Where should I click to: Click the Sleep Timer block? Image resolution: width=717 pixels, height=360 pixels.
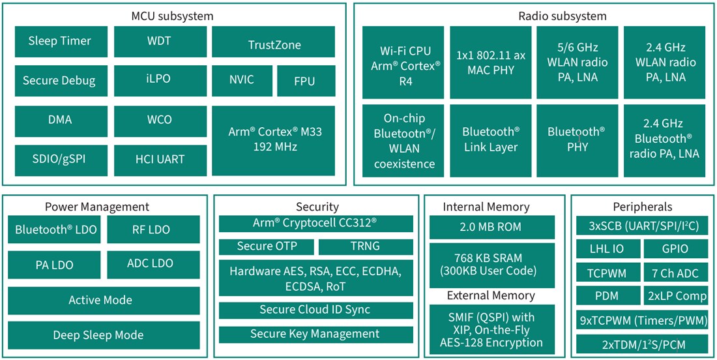59,41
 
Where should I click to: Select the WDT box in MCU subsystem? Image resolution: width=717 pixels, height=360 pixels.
159,41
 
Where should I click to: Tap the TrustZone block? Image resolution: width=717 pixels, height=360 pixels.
274,44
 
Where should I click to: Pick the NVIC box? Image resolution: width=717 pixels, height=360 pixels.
241,81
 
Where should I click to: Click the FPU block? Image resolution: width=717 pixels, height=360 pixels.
304,81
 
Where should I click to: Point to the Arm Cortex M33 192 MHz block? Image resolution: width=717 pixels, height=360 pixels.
274,139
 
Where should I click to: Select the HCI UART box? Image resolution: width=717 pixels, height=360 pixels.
159,159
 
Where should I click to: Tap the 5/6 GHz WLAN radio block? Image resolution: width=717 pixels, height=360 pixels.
578,63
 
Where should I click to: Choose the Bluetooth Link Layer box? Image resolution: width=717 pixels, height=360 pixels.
491,140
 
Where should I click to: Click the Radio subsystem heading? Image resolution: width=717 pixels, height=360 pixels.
534,16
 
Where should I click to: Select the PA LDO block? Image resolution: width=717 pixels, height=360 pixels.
54,265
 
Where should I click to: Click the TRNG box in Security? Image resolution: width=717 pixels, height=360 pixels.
365,247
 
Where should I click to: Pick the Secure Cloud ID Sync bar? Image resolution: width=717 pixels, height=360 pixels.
315,310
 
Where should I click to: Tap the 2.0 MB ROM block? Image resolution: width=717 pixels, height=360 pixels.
491,228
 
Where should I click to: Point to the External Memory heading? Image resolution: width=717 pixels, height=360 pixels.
491,295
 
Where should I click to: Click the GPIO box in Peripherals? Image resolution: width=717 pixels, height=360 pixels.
675,248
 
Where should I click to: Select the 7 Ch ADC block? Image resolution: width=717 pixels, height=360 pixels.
675,272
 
